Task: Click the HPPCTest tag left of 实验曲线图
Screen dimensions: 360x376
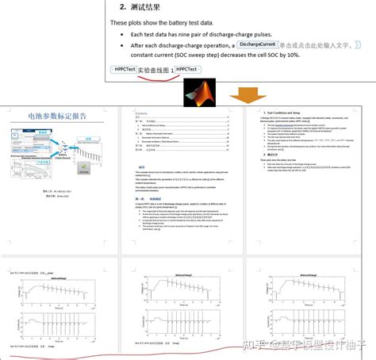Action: (123, 70)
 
